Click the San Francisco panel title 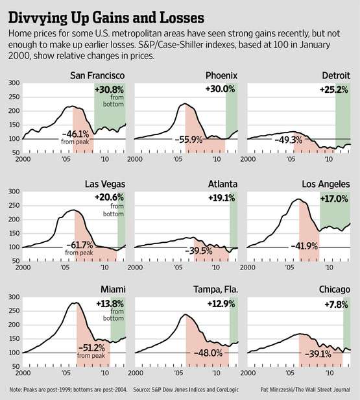click(x=97, y=75)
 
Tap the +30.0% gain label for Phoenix click(x=220, y=89)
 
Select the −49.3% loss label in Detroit click(x=289, y=140)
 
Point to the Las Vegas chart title click(x=105, y=184)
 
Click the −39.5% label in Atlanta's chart click(x=198, y=251)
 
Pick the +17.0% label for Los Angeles click(x=334, y=199)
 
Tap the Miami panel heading click(x=113, y=290)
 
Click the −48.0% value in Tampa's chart click(x=208, y=353)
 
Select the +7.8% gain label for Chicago click(x=336, y=305)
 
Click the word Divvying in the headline click(x=38, y=18)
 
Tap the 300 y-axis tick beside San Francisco click(x=14, y=83)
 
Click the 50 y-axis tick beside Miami click(x=16, y=367)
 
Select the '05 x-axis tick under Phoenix click(x=178, y=160)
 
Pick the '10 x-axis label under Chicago click(x=329, y=373)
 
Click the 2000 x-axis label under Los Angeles click(x=248, y=268)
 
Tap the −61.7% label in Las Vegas click(x=80, y=245)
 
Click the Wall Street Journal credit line click(x=306, y=390)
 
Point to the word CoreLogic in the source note click(x=227, y=390)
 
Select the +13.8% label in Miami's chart click(x=110, y=304)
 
